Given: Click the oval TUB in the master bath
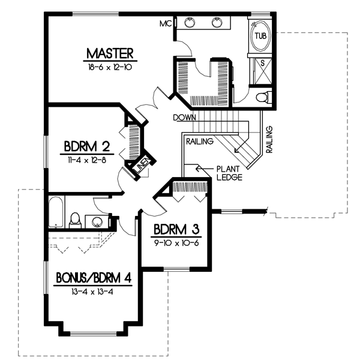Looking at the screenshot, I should (260, 36).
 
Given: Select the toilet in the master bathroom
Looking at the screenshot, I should (262, 97).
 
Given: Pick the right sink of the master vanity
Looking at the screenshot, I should (217, 23).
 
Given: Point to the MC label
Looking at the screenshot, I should (165, 24).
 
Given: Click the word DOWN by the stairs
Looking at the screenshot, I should (184, 118).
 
